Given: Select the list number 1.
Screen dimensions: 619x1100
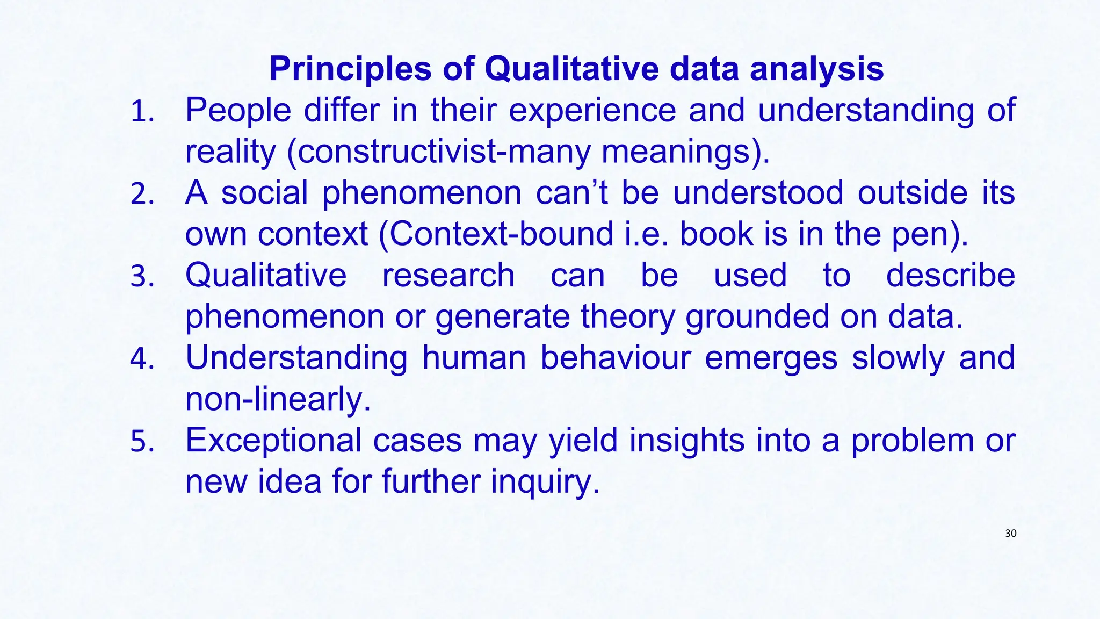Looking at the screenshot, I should (x=142, y=113).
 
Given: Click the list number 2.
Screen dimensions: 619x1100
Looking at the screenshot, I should (x=142, y=195).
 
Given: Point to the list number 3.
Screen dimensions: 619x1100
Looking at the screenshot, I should (x=142, y=277).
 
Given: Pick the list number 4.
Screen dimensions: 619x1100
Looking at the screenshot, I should (x=142, y=359).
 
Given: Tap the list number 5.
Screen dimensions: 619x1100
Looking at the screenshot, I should (x=142, y=442).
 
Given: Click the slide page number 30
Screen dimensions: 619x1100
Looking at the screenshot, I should (x=1010, y=534).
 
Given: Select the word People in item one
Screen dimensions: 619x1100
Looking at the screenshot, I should (x=238, y=111).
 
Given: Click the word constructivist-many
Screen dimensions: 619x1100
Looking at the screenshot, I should (x=444, y=152).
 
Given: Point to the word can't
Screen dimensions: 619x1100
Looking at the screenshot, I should (x=571, y=193).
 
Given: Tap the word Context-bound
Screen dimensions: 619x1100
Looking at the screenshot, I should (x=501, y=234).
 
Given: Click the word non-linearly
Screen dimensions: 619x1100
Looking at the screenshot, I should (x=278, y=399).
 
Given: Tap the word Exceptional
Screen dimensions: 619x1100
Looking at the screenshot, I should (x=273, y=440).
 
